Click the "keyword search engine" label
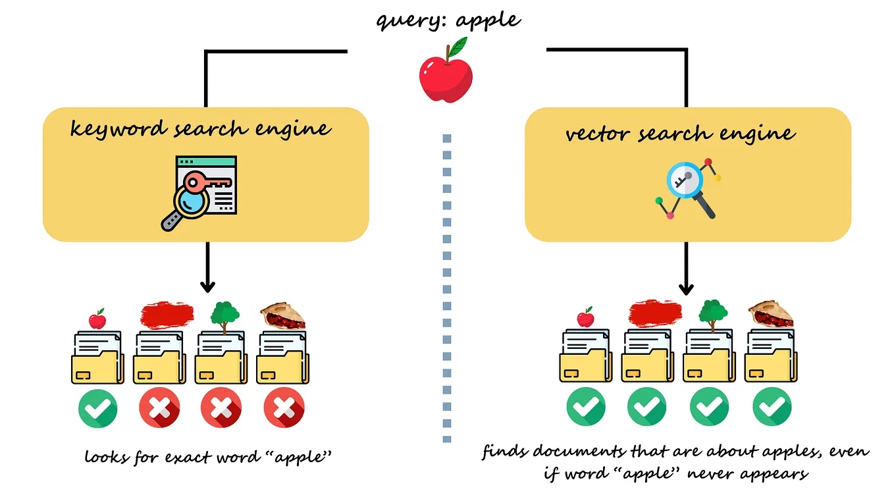pos(200,128)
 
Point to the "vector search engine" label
pos(680,134)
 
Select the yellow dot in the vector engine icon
pos(717,178)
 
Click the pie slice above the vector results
pos(770,315)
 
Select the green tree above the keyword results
pos(224,314)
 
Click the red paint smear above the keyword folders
pos(167,315)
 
